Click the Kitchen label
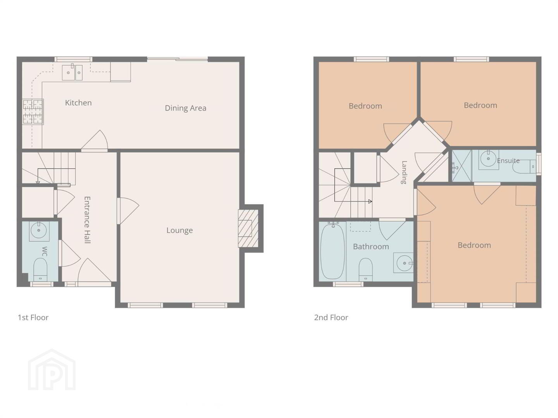[x=78, y=103]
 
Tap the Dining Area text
[x=186, y=108]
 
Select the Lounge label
[x=179, y=230]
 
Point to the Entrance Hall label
[x=87, y=220]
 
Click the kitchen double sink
[x=72, y=72]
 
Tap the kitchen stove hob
[x=33, y=112]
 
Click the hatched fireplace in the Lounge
[x=248, y=228]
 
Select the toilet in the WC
[x=40, y=269]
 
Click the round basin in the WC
[x=39, y=230]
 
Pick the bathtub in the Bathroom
[x=332, y=251]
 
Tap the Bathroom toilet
[x=365, y=269]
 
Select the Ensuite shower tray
[x=462, y=166]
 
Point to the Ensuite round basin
[x=488, y=159]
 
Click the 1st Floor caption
[x=33, y=317]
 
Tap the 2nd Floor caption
[x=331, y=317]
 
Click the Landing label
[x=404, y=172]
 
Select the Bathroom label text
[x=371, y=247]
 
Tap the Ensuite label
[x=508, y=161]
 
